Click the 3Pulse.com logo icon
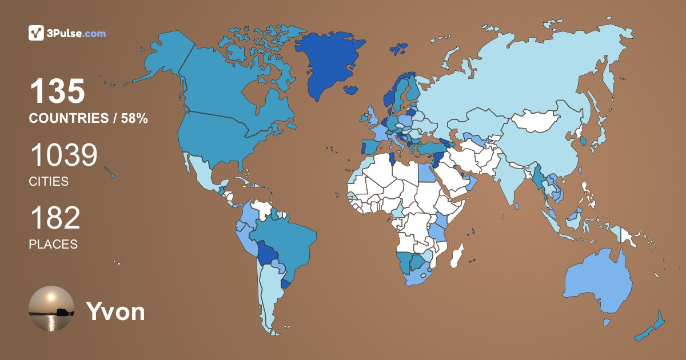click(x=37, y=33)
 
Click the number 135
click(x=57, y=91)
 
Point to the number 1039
click(x=63, y=155)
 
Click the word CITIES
click(x=49, y=182)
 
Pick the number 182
click(x=55, y=218)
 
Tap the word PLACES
click(x=53, y=244)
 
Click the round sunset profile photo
click(x=51, y=309)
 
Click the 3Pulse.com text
click(x=77, y=34)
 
